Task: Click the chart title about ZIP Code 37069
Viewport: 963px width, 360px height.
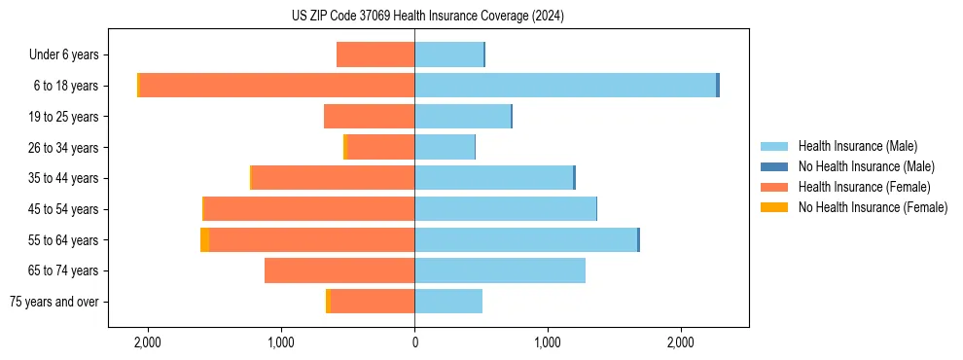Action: pos(427,17)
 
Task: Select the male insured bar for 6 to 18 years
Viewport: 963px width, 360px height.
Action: pos(565,86)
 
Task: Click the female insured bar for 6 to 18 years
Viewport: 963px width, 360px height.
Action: pos(277,86)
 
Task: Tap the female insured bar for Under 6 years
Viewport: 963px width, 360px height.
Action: pos(375,54)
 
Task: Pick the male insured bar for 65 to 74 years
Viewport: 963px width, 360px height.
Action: pos(500,270)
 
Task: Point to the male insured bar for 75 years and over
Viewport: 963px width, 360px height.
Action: pos(448,302)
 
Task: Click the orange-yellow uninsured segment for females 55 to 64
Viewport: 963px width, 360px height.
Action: pos(204,239)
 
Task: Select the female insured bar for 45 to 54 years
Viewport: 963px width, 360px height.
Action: pos(309,209)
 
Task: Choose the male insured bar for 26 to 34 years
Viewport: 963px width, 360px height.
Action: pos(445,147)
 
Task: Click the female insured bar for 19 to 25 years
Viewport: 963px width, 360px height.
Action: pos(370,117)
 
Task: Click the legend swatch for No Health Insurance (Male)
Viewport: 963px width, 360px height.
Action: pos(774,166)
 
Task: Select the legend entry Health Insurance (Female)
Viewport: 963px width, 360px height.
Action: pos(857,187)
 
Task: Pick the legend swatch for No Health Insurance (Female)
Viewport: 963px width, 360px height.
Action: pos(774,207)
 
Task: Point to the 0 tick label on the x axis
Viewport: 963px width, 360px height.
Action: pos(414,342)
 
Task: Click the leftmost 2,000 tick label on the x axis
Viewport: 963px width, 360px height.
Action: pos(148,342)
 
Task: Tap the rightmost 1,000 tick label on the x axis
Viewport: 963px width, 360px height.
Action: pos(548,342)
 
